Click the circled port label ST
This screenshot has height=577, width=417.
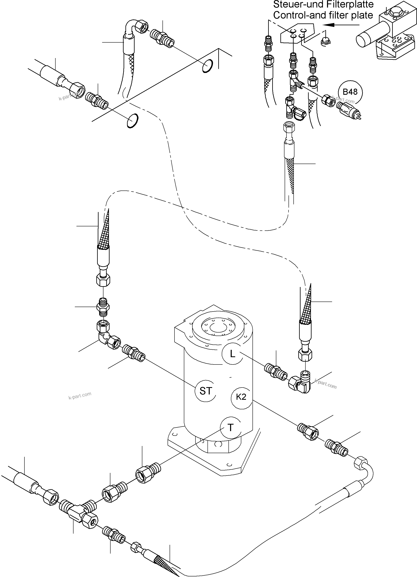pyautogui.click(x=205, y=391)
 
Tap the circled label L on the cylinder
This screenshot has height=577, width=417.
pyautogui.click(x=232, y=354)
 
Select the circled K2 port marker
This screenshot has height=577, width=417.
pyautogui.click(x=241, y=397)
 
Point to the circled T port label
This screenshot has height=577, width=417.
pyautogui.click(x=230, y=428)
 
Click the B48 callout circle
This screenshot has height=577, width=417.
pyautogui.click(x=350, y=92)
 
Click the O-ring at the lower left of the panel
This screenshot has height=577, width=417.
pyautogui.click(x=133, y=120)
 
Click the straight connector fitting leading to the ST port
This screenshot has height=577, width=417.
pyautogui.click(x=134, y=353)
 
